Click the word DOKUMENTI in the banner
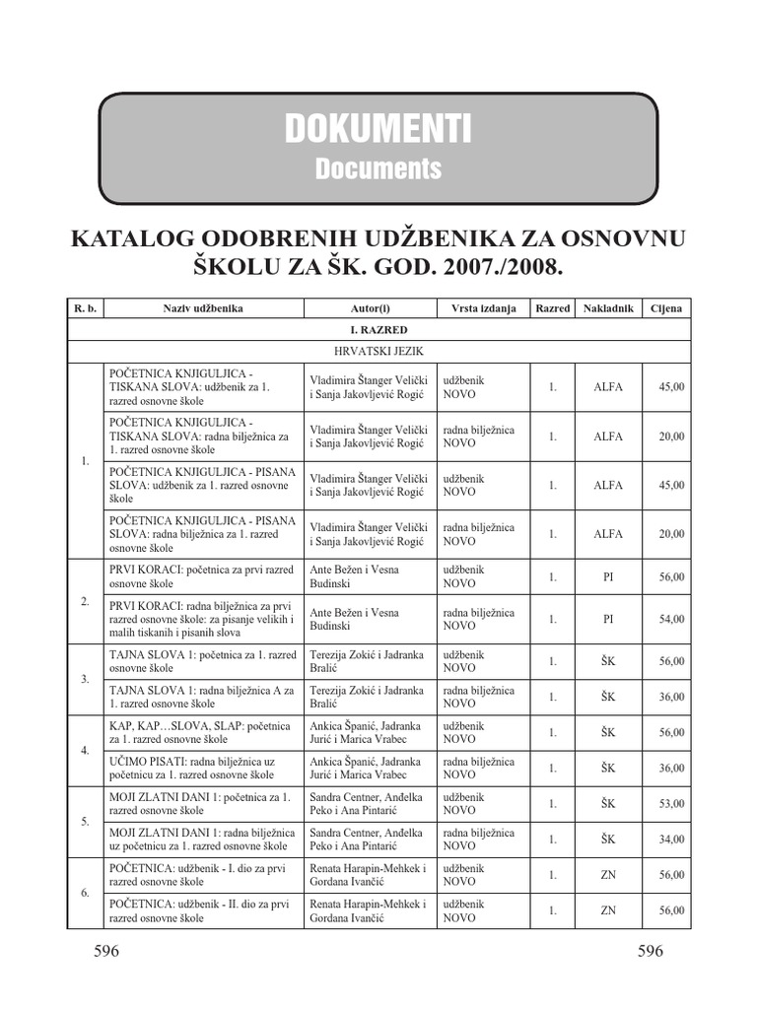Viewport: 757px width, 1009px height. point(378,128)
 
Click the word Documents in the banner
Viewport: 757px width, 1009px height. point(378,168)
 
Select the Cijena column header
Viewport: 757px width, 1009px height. point(666,308)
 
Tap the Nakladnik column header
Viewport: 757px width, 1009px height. point(608,308)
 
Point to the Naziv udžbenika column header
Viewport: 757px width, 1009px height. point(203,308)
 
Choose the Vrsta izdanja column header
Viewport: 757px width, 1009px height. point(484,308)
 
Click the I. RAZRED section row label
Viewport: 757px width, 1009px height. point(378,329)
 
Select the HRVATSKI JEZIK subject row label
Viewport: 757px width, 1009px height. point(378,349)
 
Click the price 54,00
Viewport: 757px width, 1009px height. point(671,619)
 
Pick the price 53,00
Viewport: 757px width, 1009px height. point(671,804)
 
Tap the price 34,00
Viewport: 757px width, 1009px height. point(671,840)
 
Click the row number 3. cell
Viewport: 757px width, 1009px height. point(85,680)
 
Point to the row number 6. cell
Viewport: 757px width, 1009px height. point(85,893)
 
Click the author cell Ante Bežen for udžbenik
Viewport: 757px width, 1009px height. point(354,576)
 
